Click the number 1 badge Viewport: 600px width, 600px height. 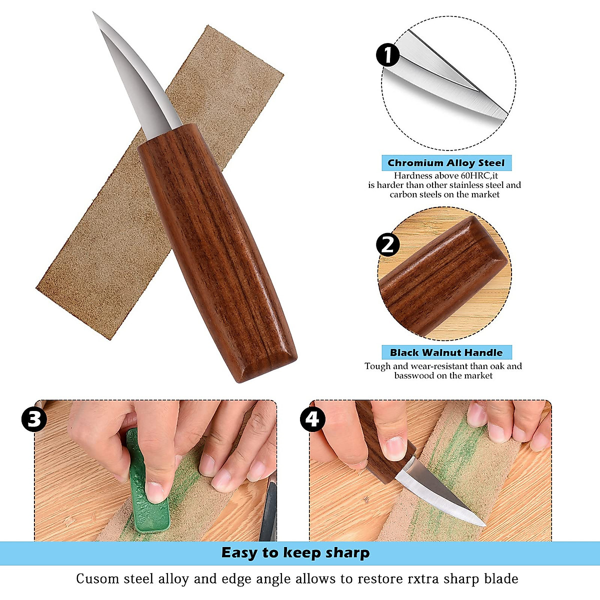click(x=388, y=55)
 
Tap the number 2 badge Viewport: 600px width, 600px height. click(x=388, y=244)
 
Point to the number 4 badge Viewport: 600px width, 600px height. click(x=312, y=419)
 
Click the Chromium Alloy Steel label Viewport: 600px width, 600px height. click(x=446, y=163)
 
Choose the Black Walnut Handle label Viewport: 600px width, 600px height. click(x=446, y=352)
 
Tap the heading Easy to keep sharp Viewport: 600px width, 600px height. click(x=295, y=553)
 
